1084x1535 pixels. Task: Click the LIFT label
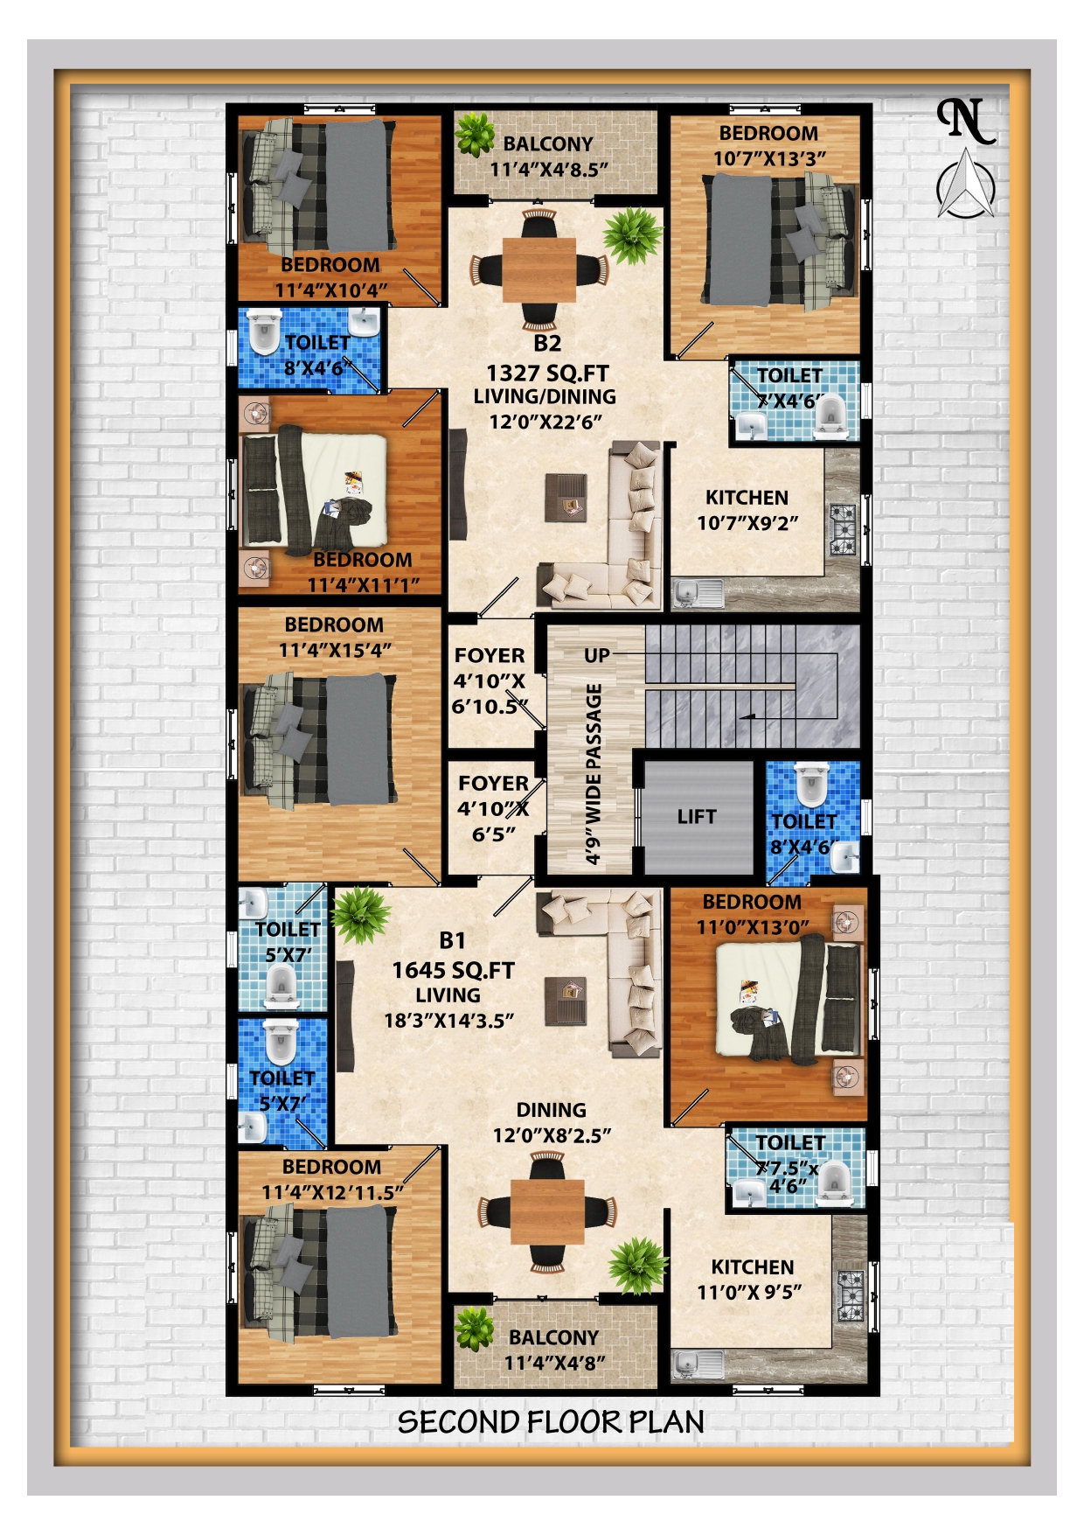[x=696, y=817]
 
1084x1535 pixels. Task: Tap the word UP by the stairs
[x=597, y=655]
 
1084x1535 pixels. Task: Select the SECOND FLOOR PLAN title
[x=551, y=1422]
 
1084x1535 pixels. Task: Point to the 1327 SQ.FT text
[x=547, y=373]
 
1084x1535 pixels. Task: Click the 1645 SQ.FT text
[x=453, y=970]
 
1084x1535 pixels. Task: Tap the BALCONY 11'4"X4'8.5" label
[x=548, y=157]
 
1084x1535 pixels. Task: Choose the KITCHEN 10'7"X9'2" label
[x=747, y=510]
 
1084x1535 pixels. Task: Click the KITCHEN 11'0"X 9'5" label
[x=751, y=1280]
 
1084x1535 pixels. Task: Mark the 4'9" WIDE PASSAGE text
[x=594, y=774]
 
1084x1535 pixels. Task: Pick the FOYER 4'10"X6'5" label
[x=493, y=809]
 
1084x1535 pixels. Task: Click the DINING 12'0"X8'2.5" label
[x=552, y=1123]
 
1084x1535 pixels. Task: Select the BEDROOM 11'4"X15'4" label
[x=334, y=638]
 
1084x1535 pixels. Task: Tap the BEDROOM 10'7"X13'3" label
[x=769, y=146]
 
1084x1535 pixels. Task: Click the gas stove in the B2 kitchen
[x=844, y=529]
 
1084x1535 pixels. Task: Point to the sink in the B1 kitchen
[x=697, y=1364]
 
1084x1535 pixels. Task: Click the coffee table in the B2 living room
[x=566, y=497]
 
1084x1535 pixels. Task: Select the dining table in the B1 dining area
[x=547, y=1211]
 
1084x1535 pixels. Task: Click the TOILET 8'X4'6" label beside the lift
[x=803, y=834]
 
